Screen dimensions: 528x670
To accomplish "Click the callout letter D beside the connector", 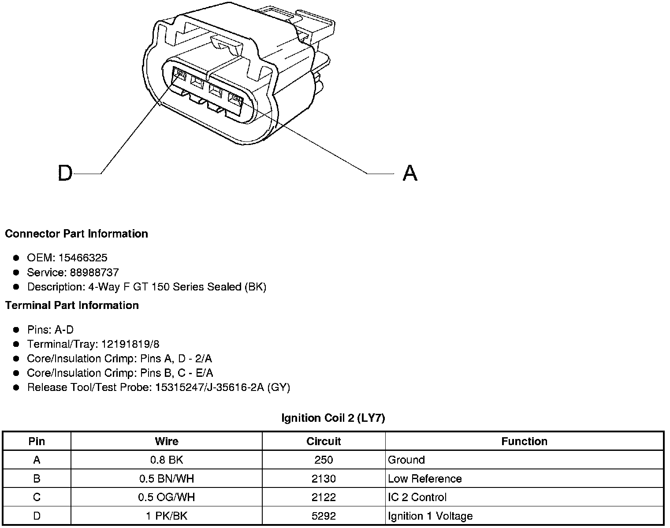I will tap(65, 173).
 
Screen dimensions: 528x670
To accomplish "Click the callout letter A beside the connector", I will tap(410, 173).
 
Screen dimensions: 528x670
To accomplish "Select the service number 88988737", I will tap(94, 272).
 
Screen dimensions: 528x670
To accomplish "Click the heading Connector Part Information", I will tap(76, 234).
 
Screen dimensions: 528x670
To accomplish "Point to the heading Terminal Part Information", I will tap(72, 305).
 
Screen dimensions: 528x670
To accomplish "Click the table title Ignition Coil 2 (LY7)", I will tap(333, 418).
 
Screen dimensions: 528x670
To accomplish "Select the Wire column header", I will tap(167, 441).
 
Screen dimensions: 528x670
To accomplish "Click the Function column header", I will tap(524, 441).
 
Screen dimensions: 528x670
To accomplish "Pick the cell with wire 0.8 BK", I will tap(167, 460).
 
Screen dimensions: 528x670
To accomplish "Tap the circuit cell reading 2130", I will tap(324, 479).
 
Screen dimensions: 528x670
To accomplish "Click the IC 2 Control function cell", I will tap(417, 497).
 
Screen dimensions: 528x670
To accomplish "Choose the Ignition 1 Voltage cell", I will tap(430, 516).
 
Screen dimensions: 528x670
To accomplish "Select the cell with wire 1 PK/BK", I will tap(167, 516).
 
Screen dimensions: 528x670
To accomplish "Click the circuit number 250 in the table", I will tap(324, 460).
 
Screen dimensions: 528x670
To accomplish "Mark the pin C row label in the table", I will tap(37, 497).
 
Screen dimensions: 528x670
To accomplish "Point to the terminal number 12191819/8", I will tap(130, 344).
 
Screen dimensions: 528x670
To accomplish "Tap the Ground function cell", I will tap(406, 460).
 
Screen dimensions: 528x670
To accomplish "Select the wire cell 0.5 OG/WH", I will tap(167, 497).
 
